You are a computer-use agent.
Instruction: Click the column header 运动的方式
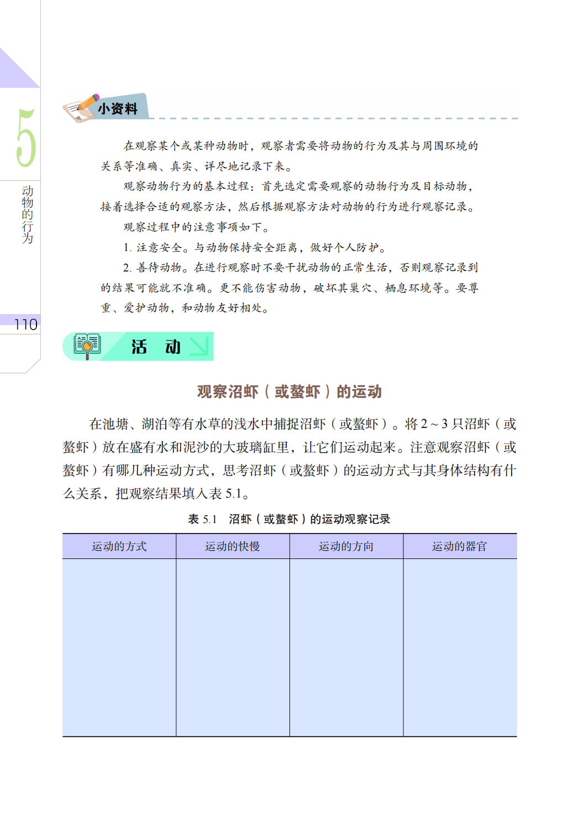pos(119,546)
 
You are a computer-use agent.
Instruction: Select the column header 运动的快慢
pos(233,546)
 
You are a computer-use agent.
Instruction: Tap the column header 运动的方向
pos(346,546)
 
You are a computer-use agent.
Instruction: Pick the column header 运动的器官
pos(460,546)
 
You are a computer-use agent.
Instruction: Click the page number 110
pos(25,325)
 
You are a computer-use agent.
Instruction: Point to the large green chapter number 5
pos(25,138)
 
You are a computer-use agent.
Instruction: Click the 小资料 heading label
pos(118,109)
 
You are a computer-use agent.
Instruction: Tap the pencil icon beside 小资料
pos(83,107)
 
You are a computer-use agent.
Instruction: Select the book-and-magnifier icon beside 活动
pos(87,346)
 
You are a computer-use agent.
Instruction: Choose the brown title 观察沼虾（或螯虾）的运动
pos(289,391)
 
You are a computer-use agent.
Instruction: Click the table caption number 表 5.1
pos(202,519)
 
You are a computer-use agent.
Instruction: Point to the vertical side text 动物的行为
pos(27,215)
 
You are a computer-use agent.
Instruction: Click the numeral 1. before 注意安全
pos(127,248)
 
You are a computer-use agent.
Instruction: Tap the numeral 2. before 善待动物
pos(127,268)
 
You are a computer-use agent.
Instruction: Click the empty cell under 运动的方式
pos(119,647)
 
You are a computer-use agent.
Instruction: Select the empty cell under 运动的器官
pos(460,647)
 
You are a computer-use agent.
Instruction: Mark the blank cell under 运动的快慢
pos(233,647)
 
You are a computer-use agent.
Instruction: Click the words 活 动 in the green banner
pos(156,347)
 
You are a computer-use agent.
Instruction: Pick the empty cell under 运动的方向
pos(346,647)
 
